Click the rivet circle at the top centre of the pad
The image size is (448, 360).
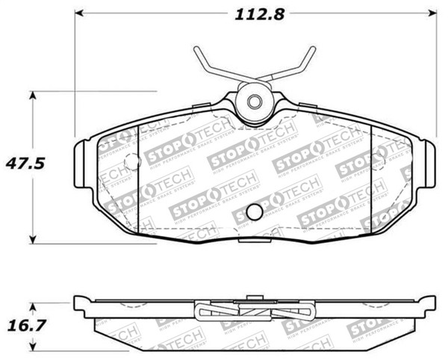[x=254, y=102]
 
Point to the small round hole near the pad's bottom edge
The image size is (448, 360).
[x=254, y=211]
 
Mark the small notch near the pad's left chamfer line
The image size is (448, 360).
[x=131, y=161]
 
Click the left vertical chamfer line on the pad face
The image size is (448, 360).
[x=142, y=176]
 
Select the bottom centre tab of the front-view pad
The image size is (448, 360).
[x=254, y=241]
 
